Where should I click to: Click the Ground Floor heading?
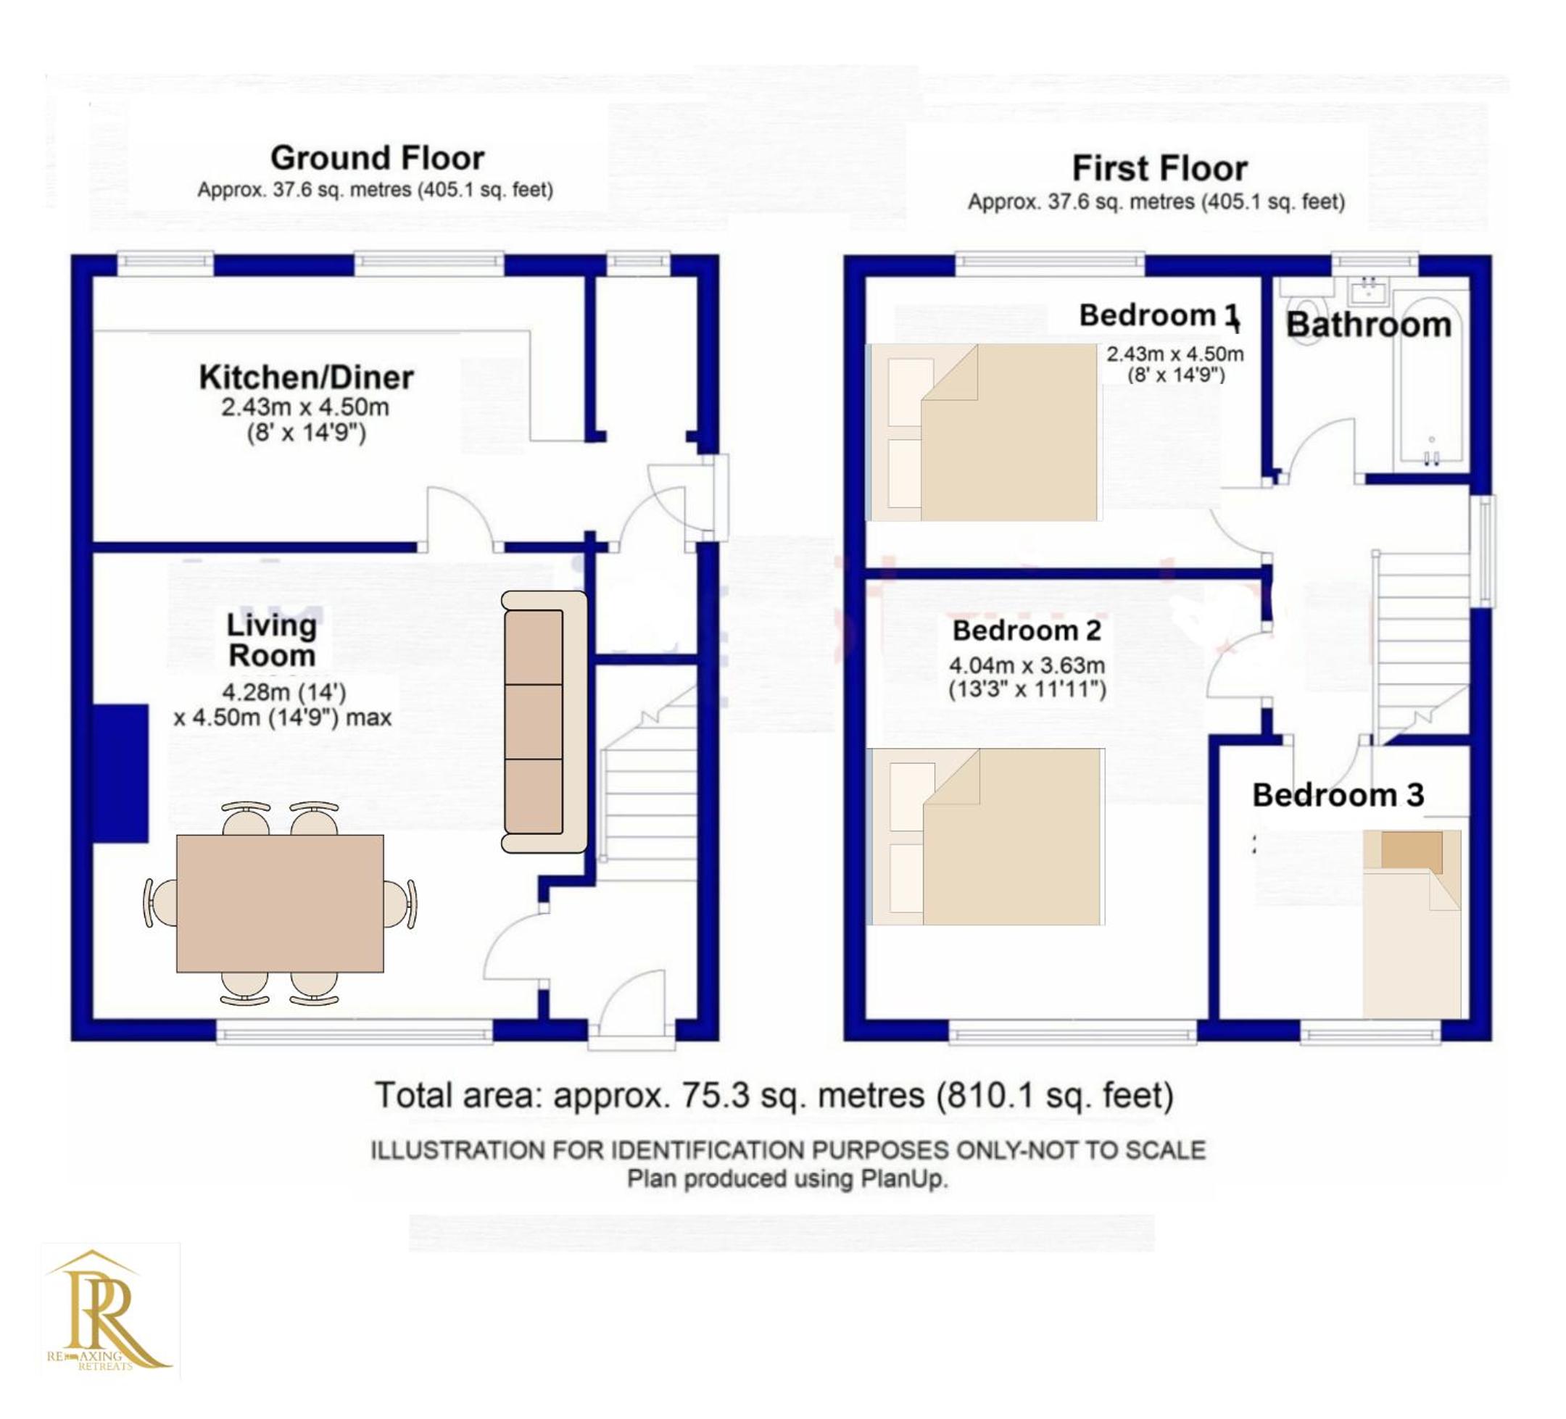tap(378, 159)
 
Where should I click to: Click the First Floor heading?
tap(1160, 169)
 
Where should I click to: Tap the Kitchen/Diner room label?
tap(306, 378)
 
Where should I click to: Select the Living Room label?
tap(271, 641)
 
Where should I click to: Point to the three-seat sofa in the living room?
tap(544, 722)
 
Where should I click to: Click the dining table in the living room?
tap(280, 903)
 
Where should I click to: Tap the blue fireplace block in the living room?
tap(120, 773)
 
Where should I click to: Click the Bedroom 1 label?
tap(1159, 315)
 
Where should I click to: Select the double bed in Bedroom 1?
tap(985, 432)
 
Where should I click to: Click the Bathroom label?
tap(1369, 325)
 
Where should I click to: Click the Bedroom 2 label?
tap(1027, 631)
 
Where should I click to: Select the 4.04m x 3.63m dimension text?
tap(1027, 665)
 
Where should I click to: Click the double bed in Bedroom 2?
tap(985, 836)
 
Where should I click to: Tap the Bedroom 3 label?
tap(1338, 795)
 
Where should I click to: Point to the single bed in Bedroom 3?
tap(1412, 923)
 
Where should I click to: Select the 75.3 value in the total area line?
tap(716, 1095)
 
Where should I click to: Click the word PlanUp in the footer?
tap(903, 1179)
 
